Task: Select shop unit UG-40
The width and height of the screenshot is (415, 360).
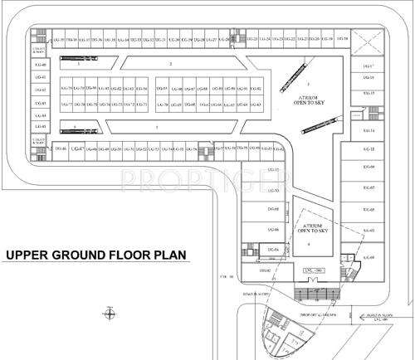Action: click(x=43, y=65)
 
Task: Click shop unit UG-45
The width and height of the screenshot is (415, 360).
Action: click(x=43, y=126)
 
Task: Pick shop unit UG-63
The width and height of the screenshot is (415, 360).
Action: click(x=255, y=105)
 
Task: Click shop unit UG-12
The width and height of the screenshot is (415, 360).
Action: click(x=275, y=171)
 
